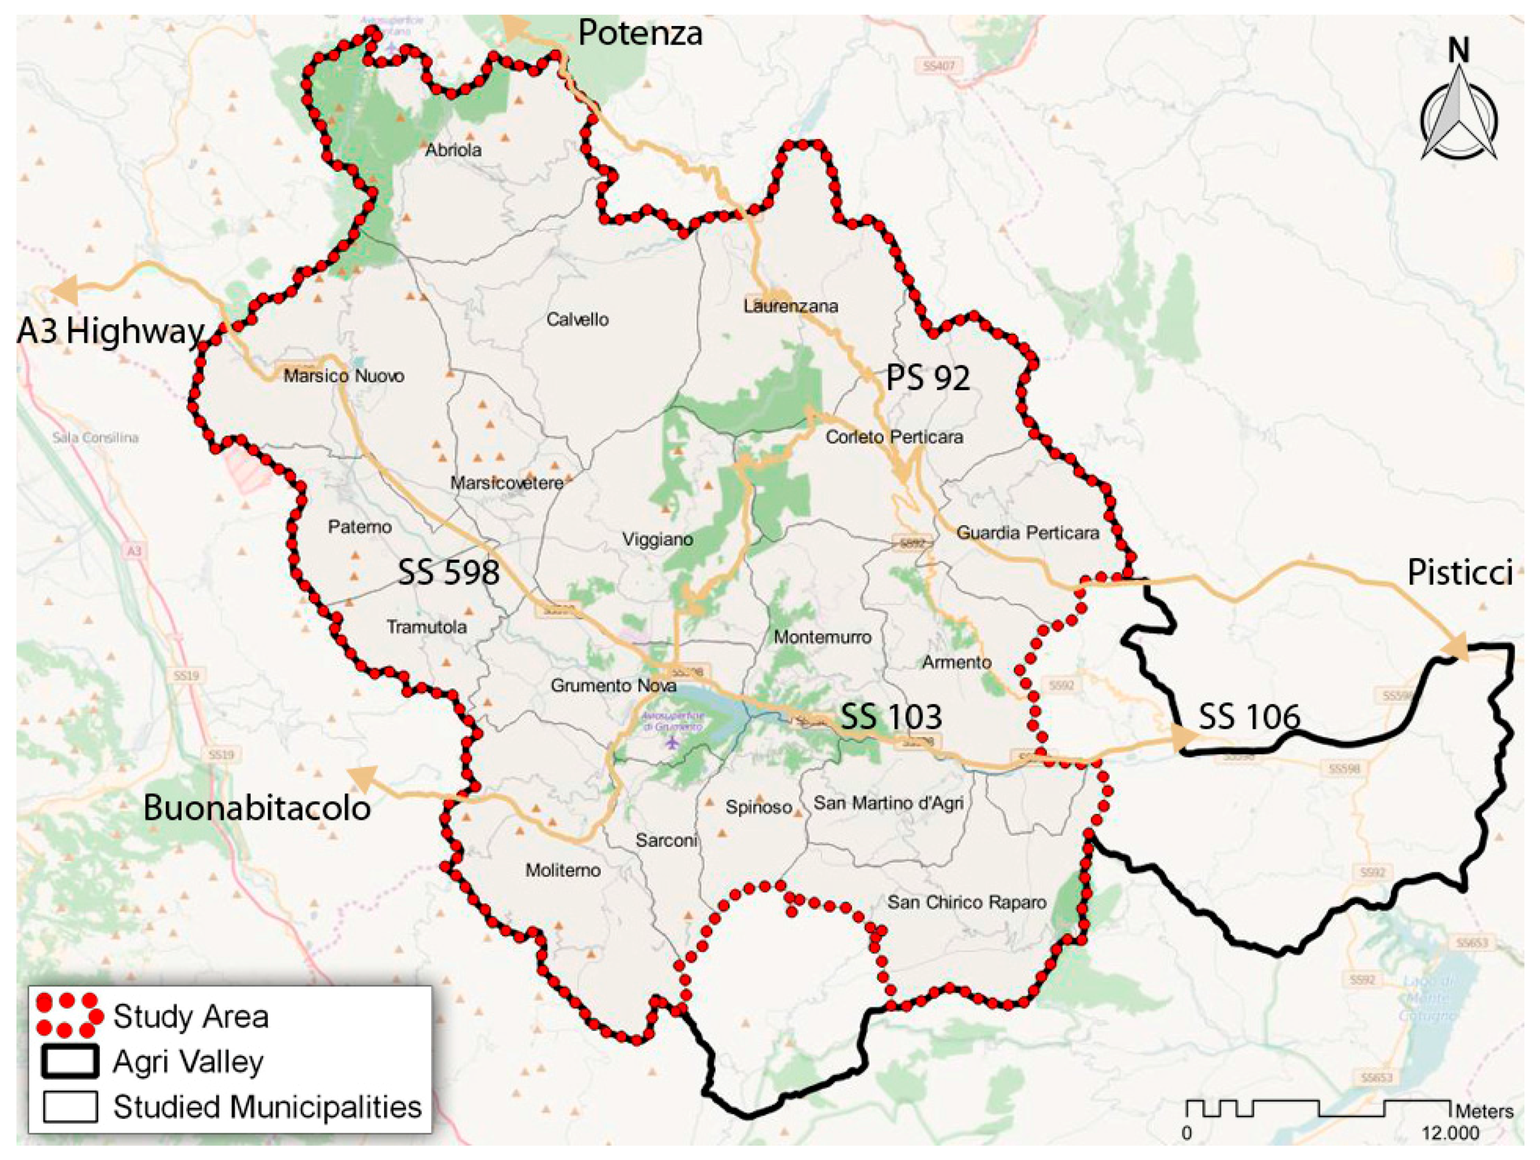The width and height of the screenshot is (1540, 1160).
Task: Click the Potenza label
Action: click(640, 33)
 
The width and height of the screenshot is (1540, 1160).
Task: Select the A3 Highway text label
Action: click(110, 331)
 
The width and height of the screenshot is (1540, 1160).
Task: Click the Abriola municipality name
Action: click(453, 150)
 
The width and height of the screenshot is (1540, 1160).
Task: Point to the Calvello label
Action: click(577, 319)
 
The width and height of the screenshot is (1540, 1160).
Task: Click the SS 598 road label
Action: click(448, 573)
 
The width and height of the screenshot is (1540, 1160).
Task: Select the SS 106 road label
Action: click(1249, 716)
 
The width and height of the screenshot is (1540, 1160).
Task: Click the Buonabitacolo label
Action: click(256, 808)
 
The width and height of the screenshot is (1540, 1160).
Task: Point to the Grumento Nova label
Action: click(613, 685)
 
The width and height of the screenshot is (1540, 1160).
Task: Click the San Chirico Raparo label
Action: click(967, 903)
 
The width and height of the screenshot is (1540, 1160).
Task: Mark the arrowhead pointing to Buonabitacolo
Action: click(361, 778)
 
